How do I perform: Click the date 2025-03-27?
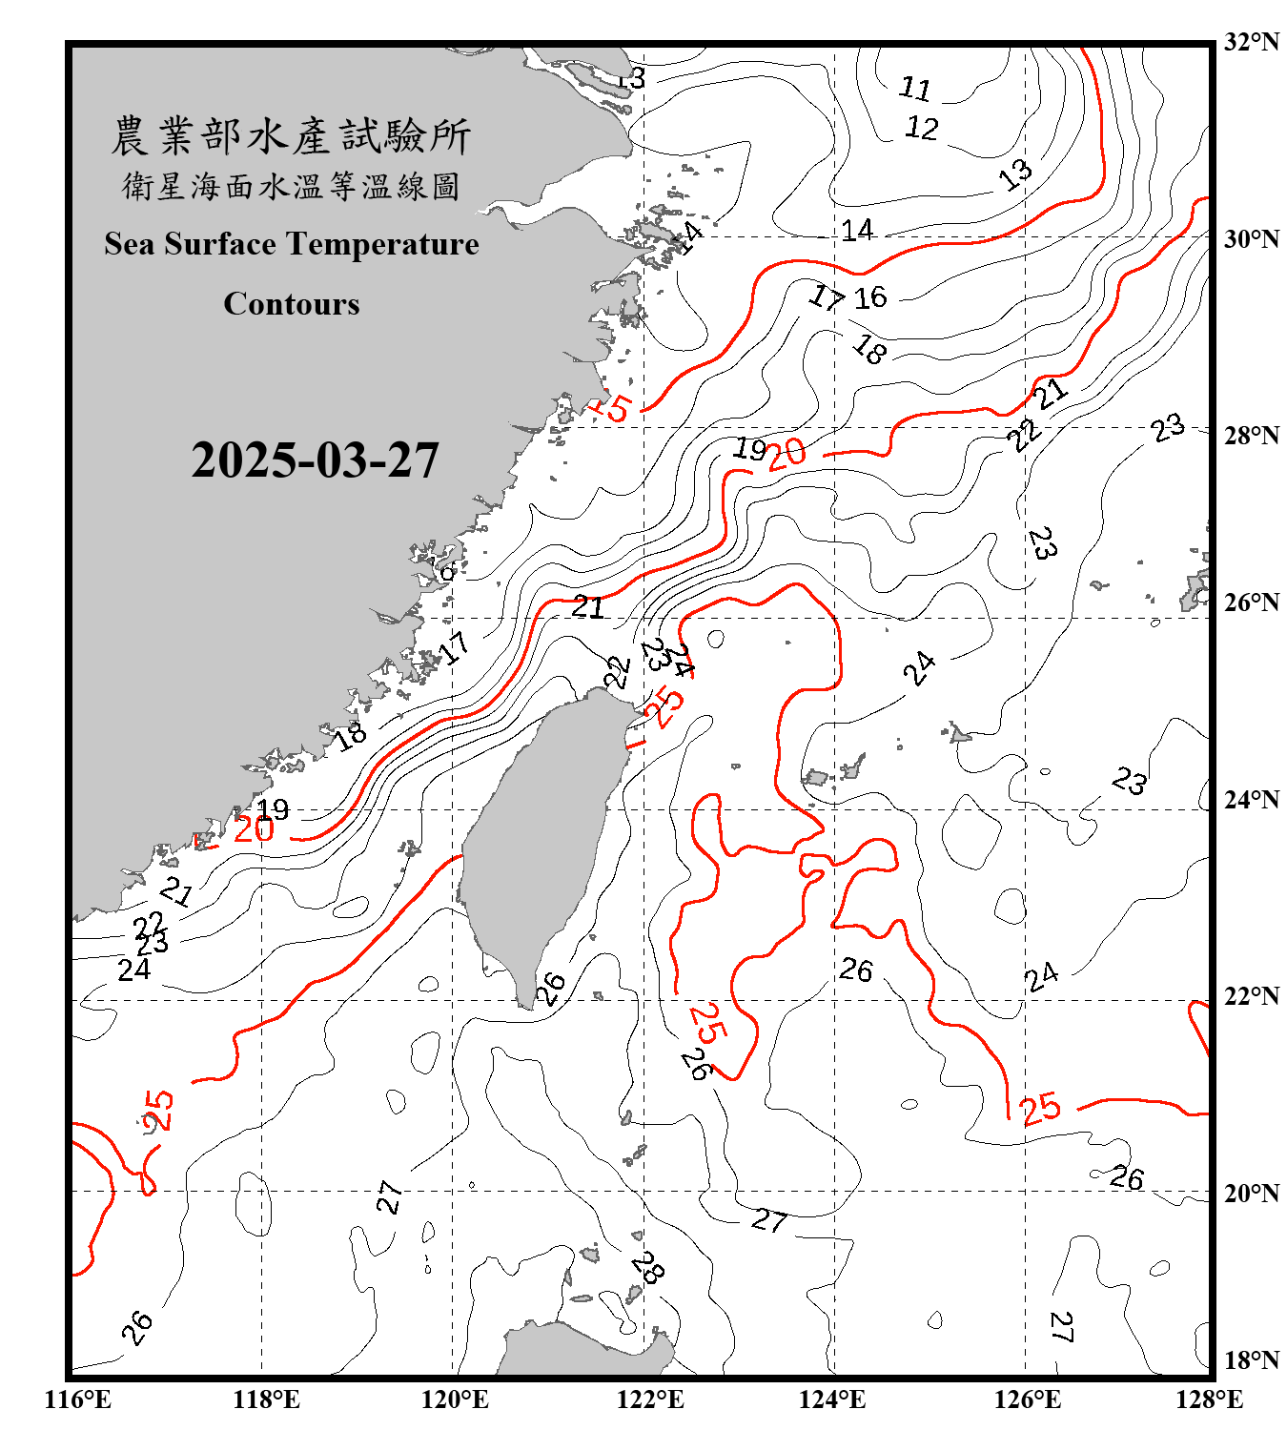[315, 460]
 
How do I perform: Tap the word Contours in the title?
[292, 303]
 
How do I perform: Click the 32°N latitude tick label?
[1251, 42]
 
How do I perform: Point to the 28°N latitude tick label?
[1251, 436]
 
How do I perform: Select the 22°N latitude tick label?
[1251, 996]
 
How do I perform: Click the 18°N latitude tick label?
[1251, 1360]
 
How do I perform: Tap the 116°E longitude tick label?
[78, 1399]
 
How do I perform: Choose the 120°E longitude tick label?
[455, 1399]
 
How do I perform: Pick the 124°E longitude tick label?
[832, 1399]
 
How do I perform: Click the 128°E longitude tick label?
[1209, 1399]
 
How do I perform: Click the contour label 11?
[915, 89]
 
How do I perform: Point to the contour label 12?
[922, 128]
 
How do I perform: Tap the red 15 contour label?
[613, 408]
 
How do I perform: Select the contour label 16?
[869, 297]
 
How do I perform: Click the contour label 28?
[647, 1267]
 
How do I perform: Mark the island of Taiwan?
[539, 839]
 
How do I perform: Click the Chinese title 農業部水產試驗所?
[292, 135]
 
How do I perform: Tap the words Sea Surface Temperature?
[292, 244]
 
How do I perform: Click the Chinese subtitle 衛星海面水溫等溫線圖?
[292, 186]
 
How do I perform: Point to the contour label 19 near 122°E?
[750, 448]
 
